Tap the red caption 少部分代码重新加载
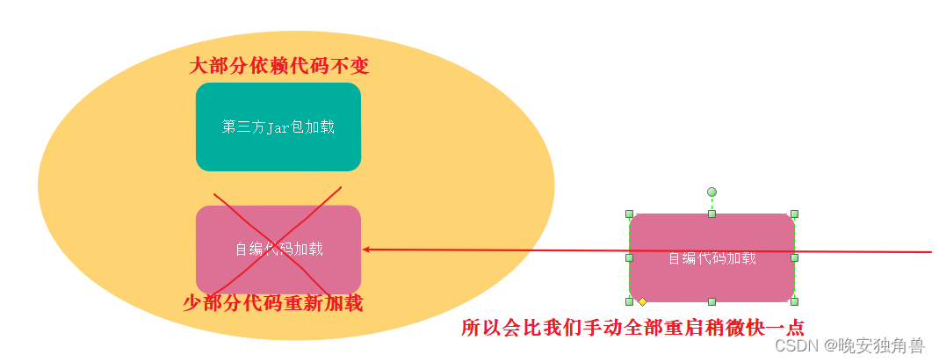tap(272, 304)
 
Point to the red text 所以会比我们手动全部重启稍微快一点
tap(632, 328)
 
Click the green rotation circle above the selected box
tap(711, 192)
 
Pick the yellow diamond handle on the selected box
tap(642, 301)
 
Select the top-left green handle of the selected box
tap(629, 214)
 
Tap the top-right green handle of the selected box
tap(794, 214)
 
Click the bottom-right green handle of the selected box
tap(794, 301)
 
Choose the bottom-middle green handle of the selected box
tap(711, 301)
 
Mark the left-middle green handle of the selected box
tap(629, 257)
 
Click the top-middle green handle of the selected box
tap(711, 214)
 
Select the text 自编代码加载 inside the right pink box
tap(711, 258)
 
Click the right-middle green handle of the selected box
tap(794, 257)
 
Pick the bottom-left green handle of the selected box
tap(629, 301)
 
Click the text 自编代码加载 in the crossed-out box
tap(278, 250)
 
